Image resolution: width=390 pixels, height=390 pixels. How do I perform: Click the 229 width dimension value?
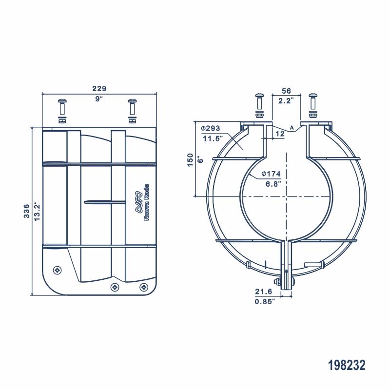coord(99,89)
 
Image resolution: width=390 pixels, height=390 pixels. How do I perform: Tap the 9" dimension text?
coord(99,99)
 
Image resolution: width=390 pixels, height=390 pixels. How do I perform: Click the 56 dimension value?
coord(286,91)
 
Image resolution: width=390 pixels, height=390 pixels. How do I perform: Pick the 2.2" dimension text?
coord(286,101)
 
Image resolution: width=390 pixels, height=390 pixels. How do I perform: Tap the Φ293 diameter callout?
coord(211,128)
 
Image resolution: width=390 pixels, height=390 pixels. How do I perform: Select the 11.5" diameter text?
coord(212,138)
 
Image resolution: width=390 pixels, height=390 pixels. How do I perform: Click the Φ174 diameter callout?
coord(271,174)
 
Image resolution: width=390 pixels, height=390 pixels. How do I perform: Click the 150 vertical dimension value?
coord(191,159)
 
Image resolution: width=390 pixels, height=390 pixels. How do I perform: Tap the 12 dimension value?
coord(280,133)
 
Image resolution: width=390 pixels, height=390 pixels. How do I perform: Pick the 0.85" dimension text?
coord(265,301)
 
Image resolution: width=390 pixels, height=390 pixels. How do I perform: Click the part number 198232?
coord(347,365)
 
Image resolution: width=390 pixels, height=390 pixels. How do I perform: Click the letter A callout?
coord(292,127)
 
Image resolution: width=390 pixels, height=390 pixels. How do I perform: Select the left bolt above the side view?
coord(62,110)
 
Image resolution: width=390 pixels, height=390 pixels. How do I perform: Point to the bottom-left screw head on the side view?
coord(57,270)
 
